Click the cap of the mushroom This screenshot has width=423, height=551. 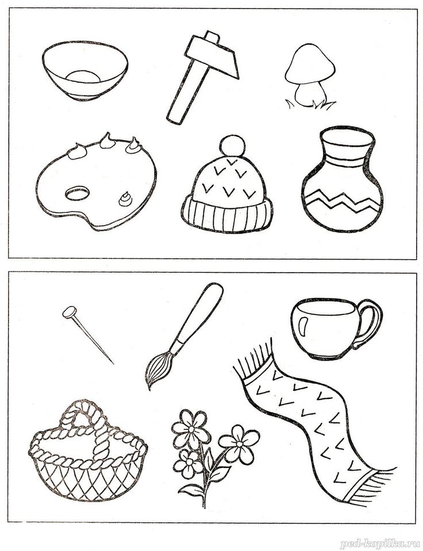pos(310,64)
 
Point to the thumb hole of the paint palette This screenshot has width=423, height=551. pos(76,193)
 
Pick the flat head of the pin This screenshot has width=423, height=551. pos(70,311)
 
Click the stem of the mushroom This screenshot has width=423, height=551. pos(310,93)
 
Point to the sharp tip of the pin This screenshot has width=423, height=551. pos(113,363)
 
